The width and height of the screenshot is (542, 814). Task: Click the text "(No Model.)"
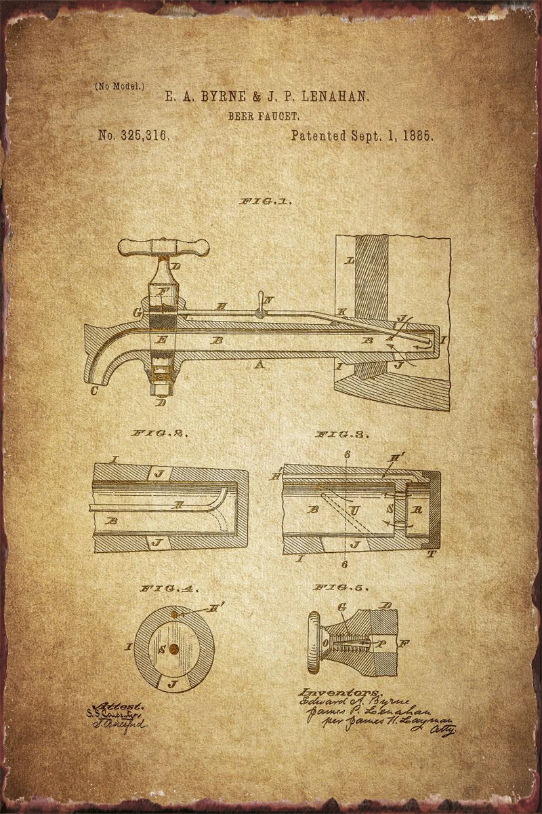(x=120, y=86)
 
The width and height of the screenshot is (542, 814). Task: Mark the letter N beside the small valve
(x=270, y=300)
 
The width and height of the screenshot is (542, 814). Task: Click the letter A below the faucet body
(x=258, y=365)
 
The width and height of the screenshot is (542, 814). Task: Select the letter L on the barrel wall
(x=350, y=260)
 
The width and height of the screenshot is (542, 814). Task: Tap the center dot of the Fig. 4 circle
(x=173, y=649)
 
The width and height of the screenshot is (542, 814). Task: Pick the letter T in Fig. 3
(x=432, y=554)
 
